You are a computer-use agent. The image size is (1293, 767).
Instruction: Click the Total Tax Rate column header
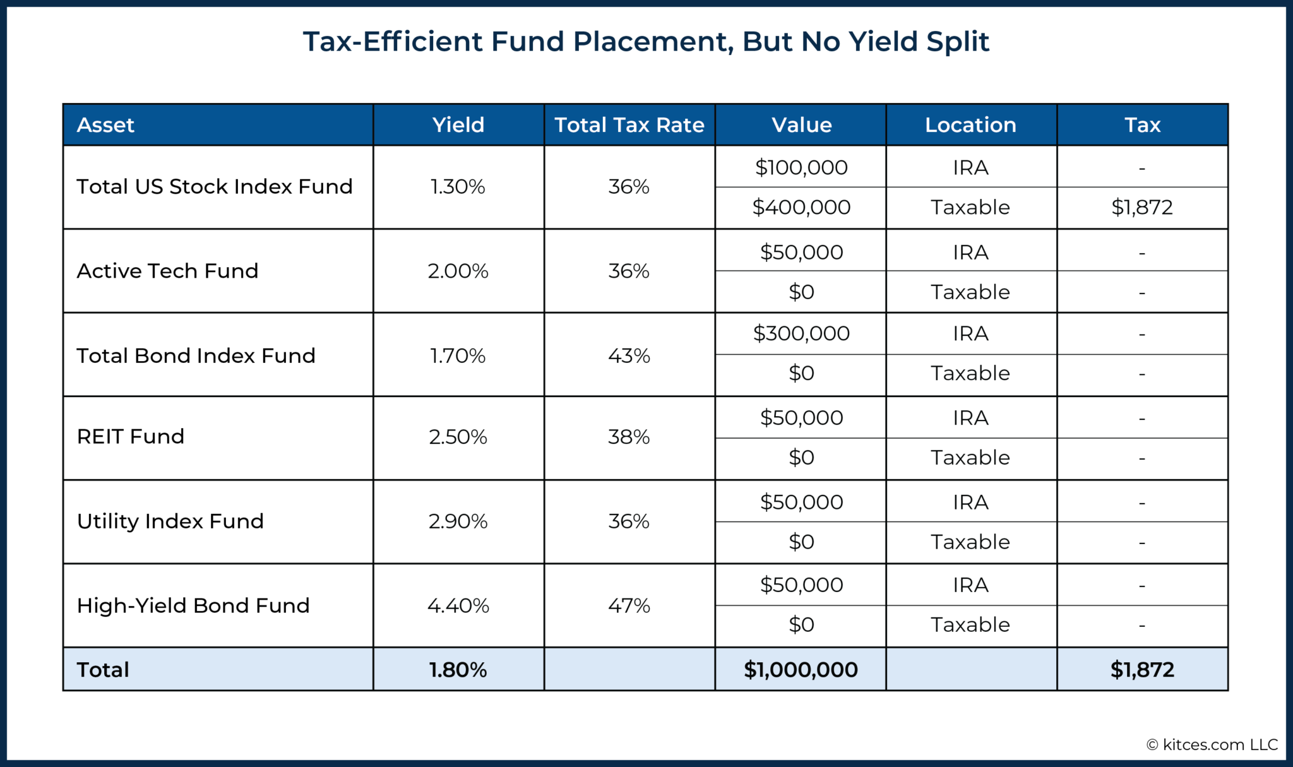629,125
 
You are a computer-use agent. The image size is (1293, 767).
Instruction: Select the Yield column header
458,125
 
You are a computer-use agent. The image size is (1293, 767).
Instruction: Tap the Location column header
970,125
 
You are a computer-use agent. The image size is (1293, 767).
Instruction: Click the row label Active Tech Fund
167,271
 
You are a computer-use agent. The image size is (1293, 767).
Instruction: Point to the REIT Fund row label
130,436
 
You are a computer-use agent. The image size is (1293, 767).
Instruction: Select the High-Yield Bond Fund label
193,605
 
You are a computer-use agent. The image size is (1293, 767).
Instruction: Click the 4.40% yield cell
458,605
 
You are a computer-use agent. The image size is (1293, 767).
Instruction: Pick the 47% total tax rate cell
629,605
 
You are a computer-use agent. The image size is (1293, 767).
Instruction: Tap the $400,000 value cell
801,207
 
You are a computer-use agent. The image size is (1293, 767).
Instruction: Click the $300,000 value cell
801,333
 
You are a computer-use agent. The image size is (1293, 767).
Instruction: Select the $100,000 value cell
801,167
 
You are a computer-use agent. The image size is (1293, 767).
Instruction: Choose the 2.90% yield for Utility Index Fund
458,521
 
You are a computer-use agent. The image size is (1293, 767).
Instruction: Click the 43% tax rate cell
629,355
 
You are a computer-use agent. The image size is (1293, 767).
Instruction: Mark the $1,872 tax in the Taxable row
1141,207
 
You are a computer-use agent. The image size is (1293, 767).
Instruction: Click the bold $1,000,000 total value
801,669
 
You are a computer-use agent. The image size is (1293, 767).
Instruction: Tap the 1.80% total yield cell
458,669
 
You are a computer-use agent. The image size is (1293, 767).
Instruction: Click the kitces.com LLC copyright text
1212,745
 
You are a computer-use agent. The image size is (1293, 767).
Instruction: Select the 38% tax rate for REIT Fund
629,436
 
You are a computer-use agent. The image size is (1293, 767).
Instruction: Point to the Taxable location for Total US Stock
970,207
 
